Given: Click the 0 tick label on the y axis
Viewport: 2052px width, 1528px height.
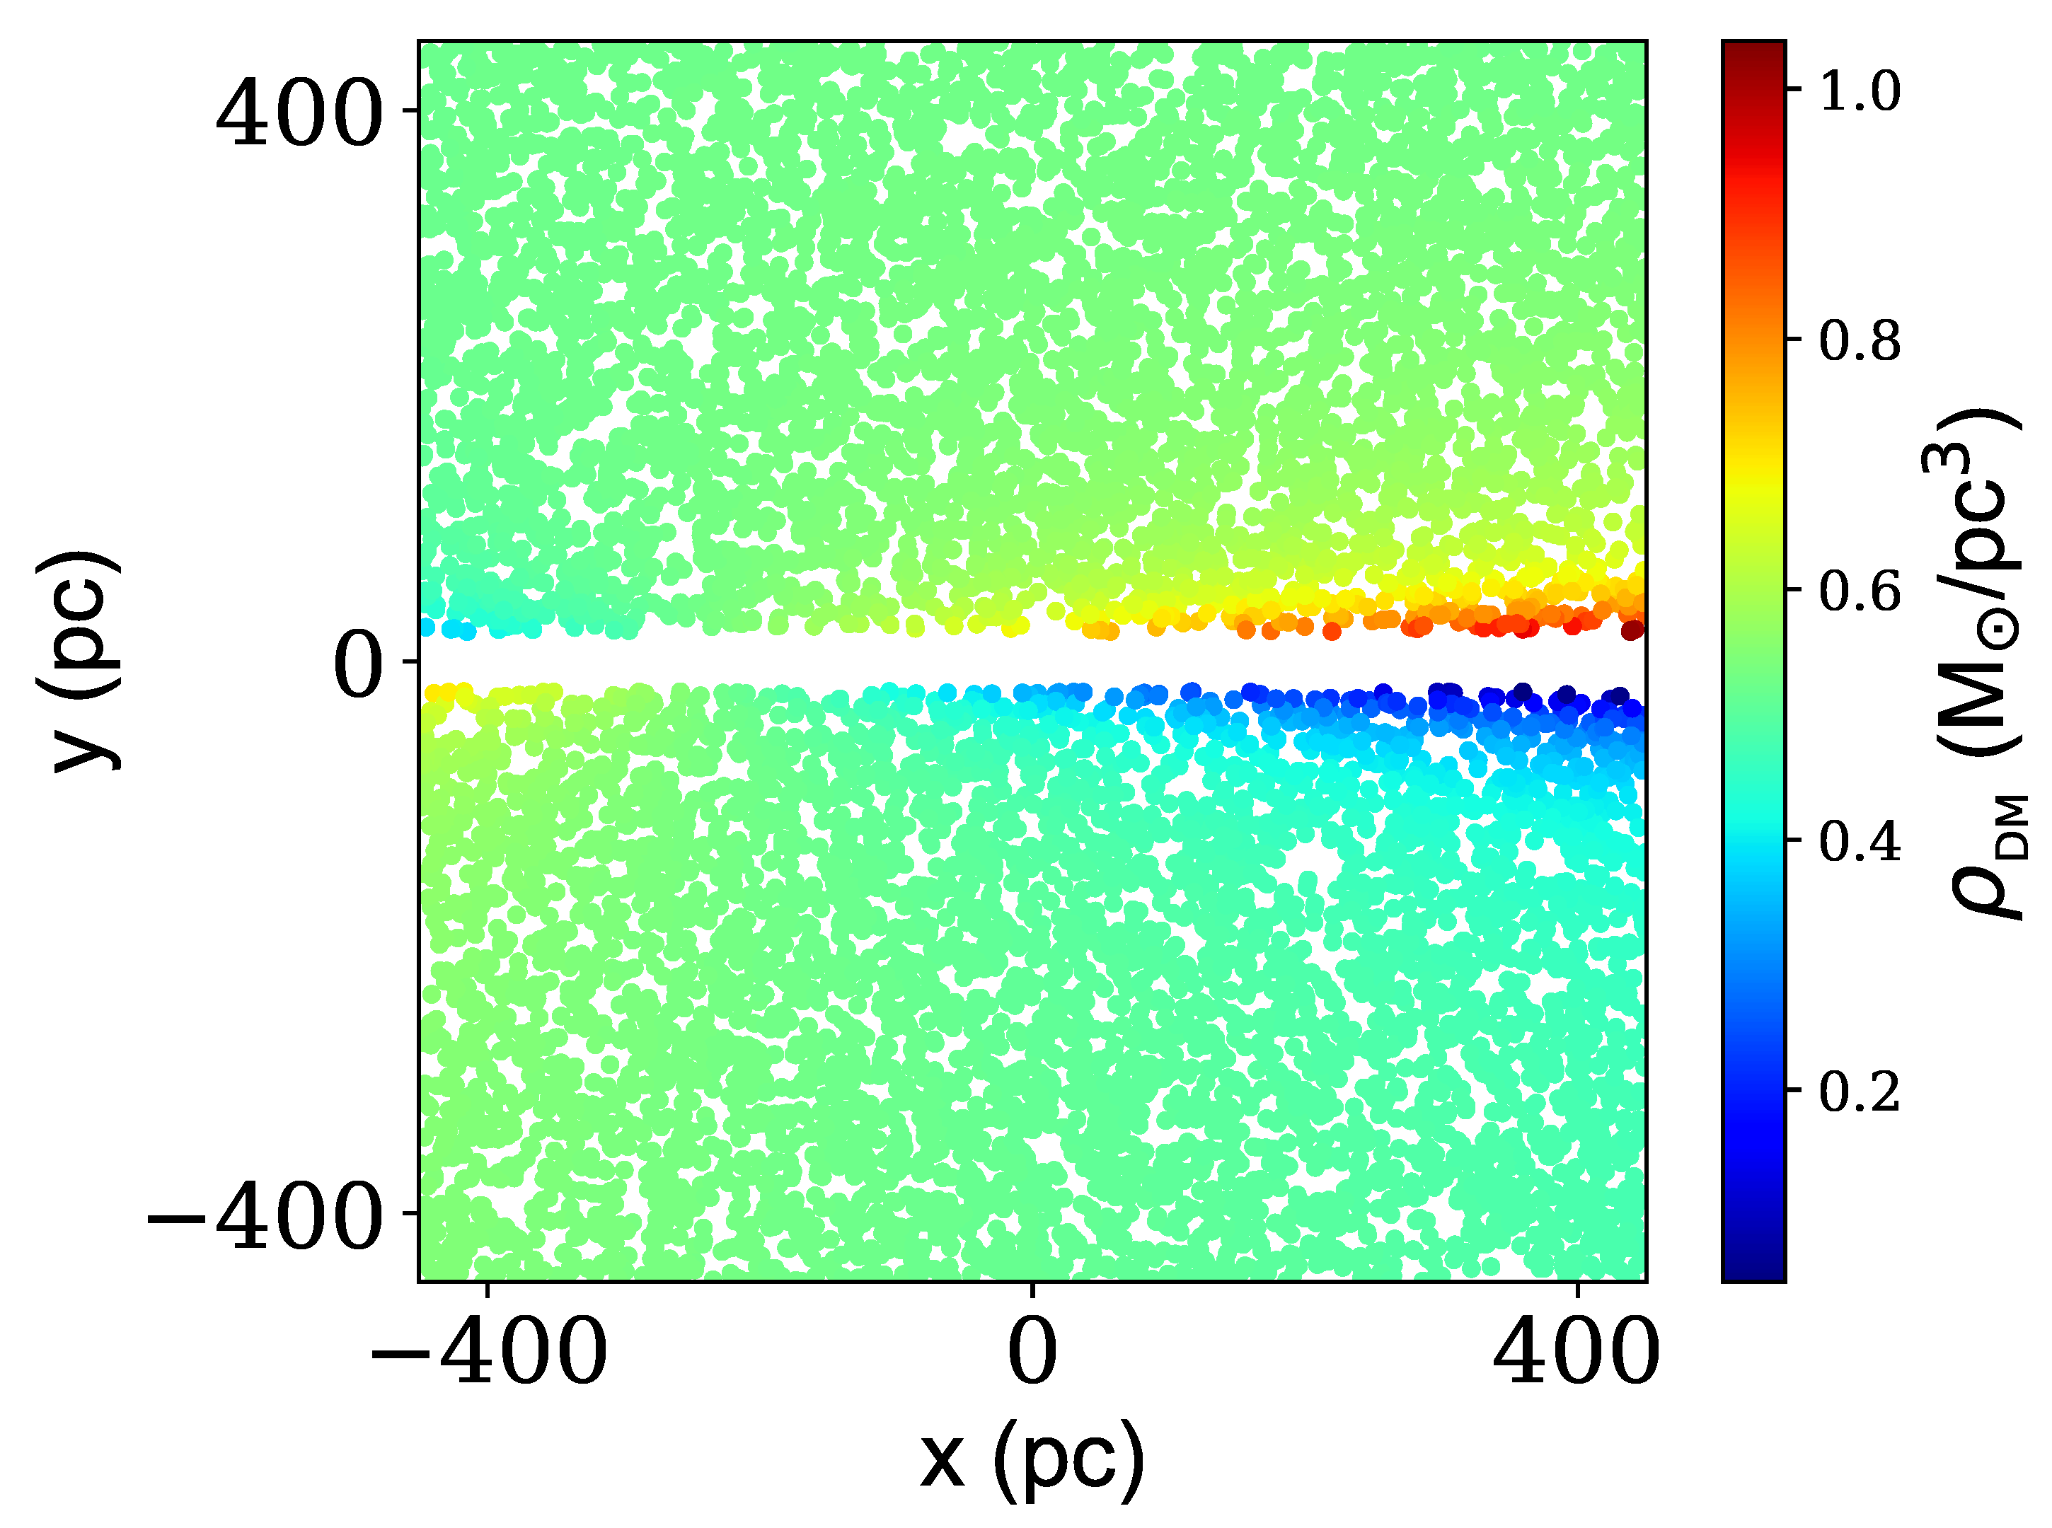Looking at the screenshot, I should click(357, 666).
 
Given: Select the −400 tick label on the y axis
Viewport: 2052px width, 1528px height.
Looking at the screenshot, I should click(265, 1218).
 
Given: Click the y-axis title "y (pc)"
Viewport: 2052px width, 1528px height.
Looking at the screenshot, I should click(79, 661).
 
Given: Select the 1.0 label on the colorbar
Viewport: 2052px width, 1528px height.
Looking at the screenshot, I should click(1860, 91).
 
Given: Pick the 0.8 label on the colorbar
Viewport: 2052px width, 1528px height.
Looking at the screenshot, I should click(1860, 340).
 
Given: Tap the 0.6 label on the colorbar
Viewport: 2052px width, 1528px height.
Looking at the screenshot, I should click(1860, 590).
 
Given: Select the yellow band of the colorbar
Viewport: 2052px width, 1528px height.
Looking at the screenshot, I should click(1753, 472).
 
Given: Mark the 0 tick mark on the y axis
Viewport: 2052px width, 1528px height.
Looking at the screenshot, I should click(412, 661).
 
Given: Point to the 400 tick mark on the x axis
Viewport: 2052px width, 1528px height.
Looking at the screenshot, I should click(1577, 1288).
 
